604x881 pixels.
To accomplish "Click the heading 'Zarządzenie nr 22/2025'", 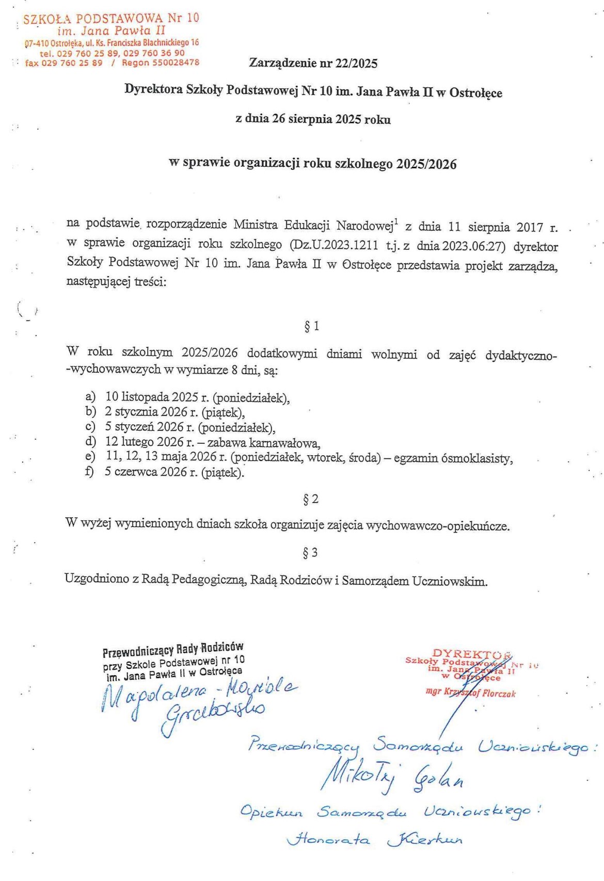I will coord(313,63).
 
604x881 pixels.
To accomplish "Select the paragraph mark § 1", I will coord(311,326).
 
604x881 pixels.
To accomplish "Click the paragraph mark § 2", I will coord(310,499).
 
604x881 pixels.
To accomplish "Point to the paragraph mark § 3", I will coord(310,553).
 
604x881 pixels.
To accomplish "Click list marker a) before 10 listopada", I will coord(91,397).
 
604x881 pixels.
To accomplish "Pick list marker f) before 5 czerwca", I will coord(90,472).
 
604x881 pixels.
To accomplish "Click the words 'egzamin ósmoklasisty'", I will coord(453,458).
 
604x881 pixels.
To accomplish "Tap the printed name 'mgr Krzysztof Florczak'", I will coord(470,694).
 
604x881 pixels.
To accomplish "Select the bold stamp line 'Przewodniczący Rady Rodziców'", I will coord(173,649).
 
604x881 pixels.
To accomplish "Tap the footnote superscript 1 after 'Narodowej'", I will coord(396,222).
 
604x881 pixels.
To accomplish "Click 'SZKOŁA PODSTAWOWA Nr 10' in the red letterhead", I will coord(111,19).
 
